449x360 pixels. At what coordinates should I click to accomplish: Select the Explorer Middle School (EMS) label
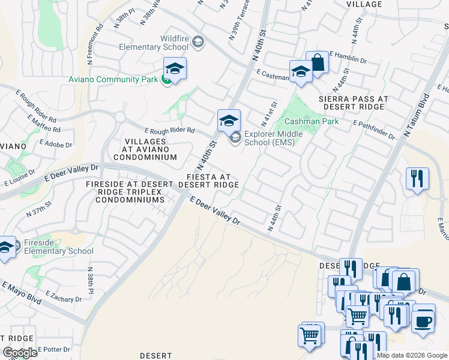click(x=273, y=138)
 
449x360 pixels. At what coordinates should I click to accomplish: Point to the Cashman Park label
click(x=312, y=121)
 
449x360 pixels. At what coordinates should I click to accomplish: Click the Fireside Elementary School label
click(x=58, y=247)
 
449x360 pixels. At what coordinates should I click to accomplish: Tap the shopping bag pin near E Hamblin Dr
click(x=317, y=62)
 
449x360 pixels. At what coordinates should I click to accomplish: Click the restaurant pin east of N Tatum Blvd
click(x=417, y=179)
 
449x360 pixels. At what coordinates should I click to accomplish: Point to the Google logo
click(x=20, y=353)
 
